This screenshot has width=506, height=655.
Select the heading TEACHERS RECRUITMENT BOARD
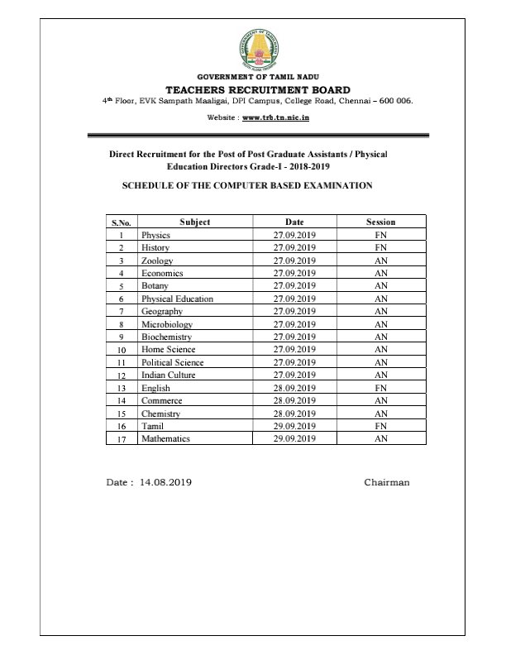258,89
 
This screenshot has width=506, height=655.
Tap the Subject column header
194,222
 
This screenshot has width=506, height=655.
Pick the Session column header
380,222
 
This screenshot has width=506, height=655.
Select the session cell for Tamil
380,426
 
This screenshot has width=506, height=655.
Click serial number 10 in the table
122,350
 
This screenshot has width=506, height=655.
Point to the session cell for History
380,247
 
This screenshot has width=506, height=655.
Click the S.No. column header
122,222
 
